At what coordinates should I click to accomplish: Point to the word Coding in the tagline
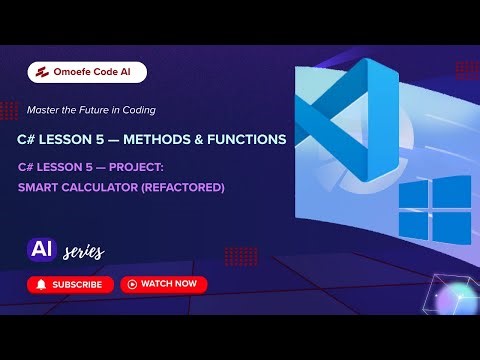coord(135,109)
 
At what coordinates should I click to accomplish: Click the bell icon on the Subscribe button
coord(41,285)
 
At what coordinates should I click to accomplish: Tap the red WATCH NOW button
coord(163,285)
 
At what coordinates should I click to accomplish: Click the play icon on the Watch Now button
coord(131,285)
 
